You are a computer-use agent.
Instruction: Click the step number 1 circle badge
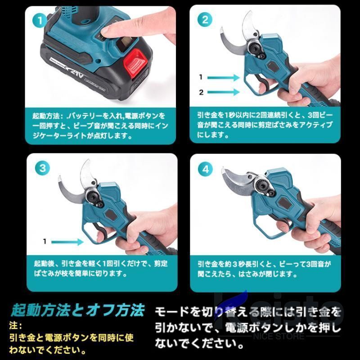[40, 20]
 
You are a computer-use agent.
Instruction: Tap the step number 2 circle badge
[205, 20]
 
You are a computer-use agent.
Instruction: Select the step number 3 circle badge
[42, 168]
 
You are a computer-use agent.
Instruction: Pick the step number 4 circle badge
[205, 169]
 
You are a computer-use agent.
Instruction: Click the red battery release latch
[135, 62]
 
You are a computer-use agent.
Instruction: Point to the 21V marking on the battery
[76, 72]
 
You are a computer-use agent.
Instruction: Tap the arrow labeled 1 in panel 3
[67, 242]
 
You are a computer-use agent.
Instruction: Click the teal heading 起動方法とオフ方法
[78, 310]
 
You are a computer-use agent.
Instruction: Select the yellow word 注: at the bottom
[15, 325]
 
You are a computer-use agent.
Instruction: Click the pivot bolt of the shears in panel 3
[94, 197]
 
